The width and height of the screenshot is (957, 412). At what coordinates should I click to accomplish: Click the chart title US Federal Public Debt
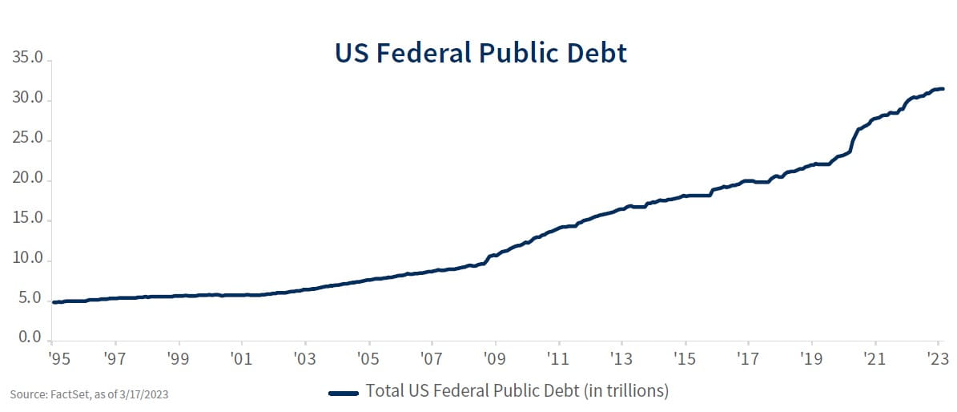click(x=481, y=53)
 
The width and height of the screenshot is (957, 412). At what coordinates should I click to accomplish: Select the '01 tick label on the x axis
click(x=241, y=357)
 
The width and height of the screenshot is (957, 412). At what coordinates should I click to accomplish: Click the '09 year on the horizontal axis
click(x=495, y=357)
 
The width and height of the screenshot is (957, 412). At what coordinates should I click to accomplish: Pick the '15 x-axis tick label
click(x=685, y=357)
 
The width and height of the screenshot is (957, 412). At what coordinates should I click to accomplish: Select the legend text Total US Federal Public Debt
click(x=517, y=392)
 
